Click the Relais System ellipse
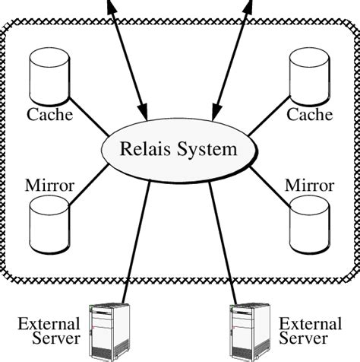(x=178, y=148)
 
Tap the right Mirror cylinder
(x=309, y=221)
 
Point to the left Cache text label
(x=50, y=116)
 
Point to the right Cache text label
(x=309, y=116)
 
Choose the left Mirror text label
(x=49, y=185)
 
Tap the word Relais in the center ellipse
(x=144, y=148)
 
